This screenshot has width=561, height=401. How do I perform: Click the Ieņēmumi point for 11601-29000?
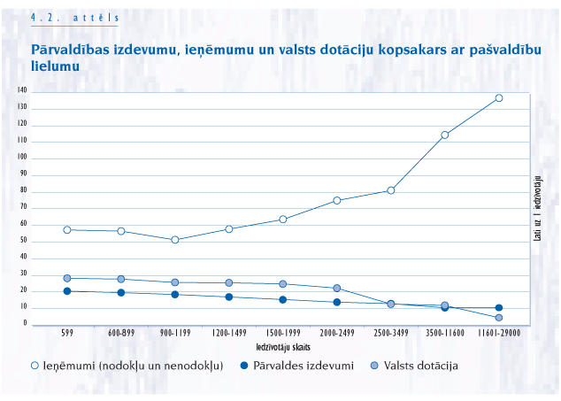(x=498, y=98)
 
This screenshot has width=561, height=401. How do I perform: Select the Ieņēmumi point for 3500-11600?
(x=444, y=135)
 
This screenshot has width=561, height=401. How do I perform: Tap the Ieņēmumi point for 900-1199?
(x=175, y=240)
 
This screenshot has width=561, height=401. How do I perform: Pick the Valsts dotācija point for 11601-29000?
(x=498, y=318)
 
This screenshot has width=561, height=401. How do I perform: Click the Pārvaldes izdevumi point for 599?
(x=67, y=291)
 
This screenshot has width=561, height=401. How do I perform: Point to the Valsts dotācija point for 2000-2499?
(x=337, y=289)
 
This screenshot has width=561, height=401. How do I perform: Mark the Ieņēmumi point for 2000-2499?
(x=337, y=201)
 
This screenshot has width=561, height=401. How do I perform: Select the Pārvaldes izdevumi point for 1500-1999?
(x=283, y=300)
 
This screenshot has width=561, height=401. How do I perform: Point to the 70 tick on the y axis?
(x=24, y=208)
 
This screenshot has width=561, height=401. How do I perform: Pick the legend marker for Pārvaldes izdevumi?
(x=244, y=366)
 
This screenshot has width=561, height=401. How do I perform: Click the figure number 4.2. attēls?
(x=74, y=17)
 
